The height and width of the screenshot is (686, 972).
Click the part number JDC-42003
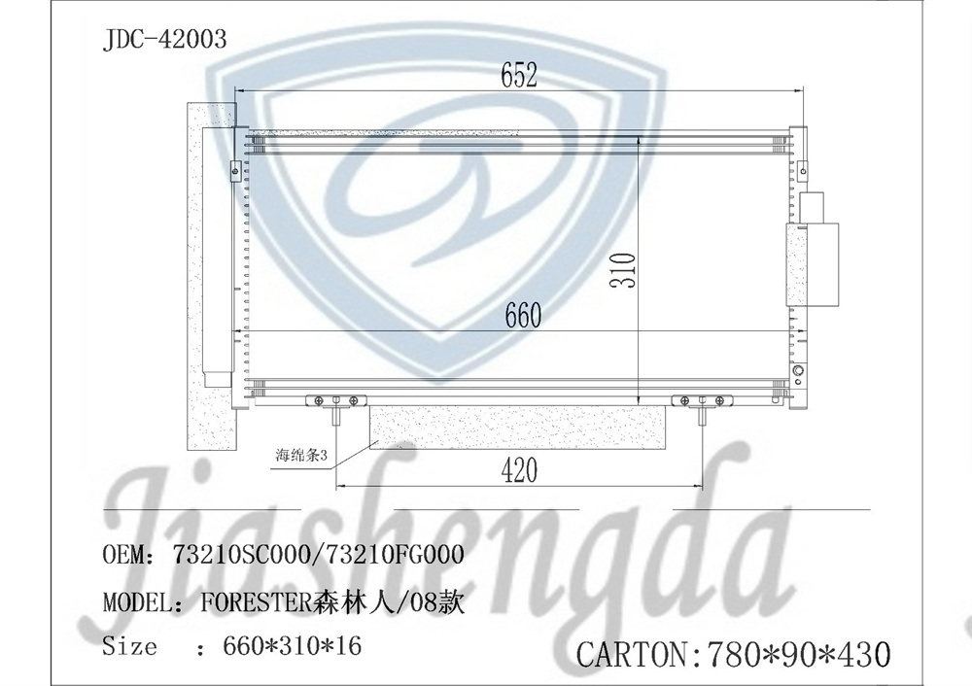tap(164, 39)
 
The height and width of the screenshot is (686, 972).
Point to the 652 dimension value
tap(519, 75)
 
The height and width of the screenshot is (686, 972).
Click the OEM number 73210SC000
tap(239, 556)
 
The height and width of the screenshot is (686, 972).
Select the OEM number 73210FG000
tap(389, 556)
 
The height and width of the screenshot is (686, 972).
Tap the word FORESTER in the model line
tap(256, 602)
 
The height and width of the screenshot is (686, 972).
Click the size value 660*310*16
tap(293, 645)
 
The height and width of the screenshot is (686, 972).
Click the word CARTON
tap(633, 654)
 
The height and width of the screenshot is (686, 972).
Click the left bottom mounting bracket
tap(334, 399)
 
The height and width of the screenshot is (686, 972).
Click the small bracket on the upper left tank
tap(233, 170)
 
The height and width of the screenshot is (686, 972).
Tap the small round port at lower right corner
tap(799, 372)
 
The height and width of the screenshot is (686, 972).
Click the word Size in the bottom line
tap(129, 645)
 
